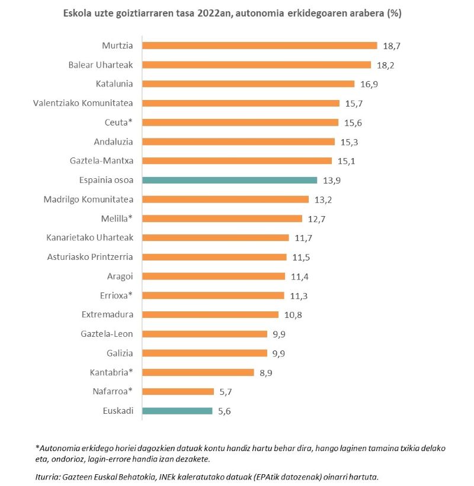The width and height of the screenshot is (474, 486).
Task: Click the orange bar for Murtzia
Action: tap(260, 46)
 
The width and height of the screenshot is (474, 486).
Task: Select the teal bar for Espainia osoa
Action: tap(230, 180)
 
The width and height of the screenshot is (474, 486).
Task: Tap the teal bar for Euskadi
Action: tap(177, 411)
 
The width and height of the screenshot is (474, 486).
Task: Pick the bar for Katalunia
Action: tap(248, 84)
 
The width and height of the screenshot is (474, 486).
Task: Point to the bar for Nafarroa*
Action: tap(178, 391)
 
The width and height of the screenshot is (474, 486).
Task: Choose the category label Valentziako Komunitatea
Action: tap(83, 103)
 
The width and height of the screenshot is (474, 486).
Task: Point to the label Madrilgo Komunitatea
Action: tap(88, 199)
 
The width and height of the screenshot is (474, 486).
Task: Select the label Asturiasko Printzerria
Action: tap(90, 257)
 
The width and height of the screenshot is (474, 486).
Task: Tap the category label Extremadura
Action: tap(107, 314)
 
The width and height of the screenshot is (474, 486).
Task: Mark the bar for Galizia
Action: tap(205, 353)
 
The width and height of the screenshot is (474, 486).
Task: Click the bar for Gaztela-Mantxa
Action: tap(237, 161)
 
